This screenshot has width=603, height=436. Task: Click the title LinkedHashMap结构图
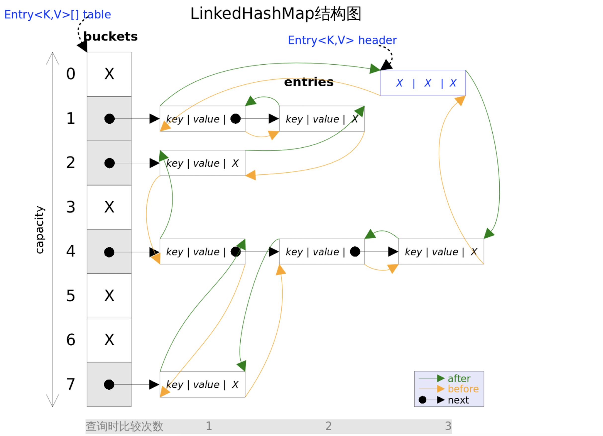pos(275,14)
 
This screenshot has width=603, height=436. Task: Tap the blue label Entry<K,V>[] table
pos(57,15)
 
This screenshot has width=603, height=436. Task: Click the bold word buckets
pos(110,37)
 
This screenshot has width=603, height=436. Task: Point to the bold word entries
pos(308,82)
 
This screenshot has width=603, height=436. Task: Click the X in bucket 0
pos(109,74)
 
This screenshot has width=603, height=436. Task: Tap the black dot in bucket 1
pos(109,119)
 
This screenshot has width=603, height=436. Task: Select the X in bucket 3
pos(109,207)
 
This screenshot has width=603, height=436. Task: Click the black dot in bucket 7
pos(109,385)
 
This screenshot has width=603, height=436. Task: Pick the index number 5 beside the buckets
pos(70,296)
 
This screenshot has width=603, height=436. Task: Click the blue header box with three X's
pos(423,83)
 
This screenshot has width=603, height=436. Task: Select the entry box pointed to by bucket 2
pos(202,163)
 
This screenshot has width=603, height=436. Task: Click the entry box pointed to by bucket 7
pos(202,385)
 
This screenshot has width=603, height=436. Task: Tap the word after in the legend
pos(459,378)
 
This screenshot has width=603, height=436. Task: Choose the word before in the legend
pos(463,389)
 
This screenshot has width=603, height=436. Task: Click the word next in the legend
pos(458,400)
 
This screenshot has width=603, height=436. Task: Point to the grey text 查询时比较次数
pos(124,426)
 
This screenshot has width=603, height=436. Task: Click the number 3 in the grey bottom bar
pos(448,426)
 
